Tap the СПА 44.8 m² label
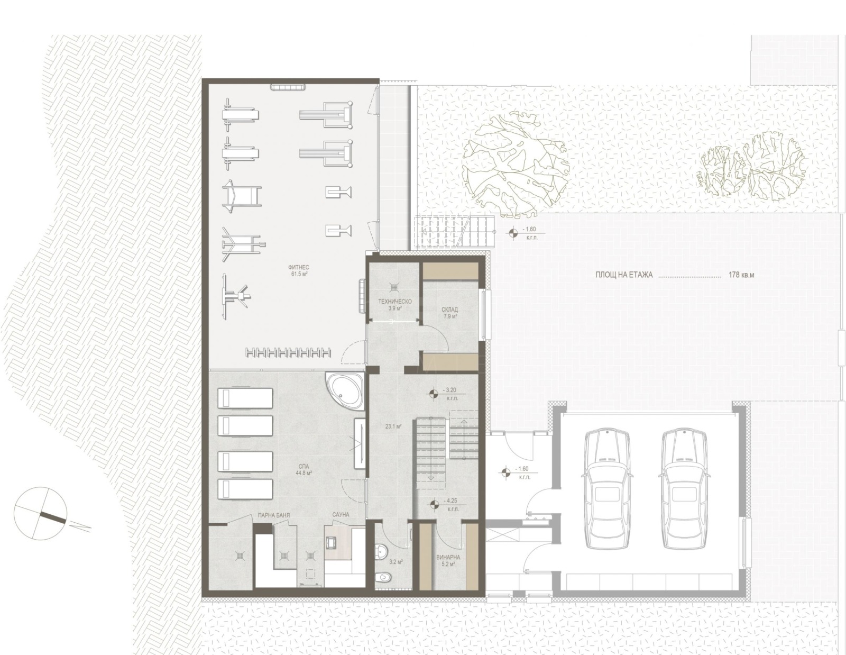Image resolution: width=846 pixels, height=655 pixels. click(x=304, y=469)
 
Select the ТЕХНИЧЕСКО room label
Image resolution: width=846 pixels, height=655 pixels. click(x=394, y=302)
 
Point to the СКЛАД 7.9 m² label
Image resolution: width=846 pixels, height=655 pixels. click(x=450, y=312)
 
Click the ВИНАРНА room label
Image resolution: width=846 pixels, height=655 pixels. click(x=448, y=557)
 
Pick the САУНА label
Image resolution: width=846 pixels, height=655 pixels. click(x=341, y=514)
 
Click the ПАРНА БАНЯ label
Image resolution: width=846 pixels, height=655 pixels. click(x=274, y=514)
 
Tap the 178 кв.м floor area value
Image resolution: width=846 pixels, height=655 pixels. click(x=741, y=275)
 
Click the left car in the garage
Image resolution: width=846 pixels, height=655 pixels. click(x=607, y=489)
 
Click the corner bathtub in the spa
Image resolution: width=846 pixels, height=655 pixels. click(x=344, y=390)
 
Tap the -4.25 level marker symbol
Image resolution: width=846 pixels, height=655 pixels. click(x=434, y=505)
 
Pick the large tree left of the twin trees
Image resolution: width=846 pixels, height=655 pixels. click(x=514, y=164)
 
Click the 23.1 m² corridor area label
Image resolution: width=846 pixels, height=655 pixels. click(x=392, y=426)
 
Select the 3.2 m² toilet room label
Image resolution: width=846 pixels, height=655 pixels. click(x=396, y=562)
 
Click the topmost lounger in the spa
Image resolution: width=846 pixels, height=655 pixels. click(x=245, y=398)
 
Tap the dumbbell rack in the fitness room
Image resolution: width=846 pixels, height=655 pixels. click(x=288, y=352)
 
